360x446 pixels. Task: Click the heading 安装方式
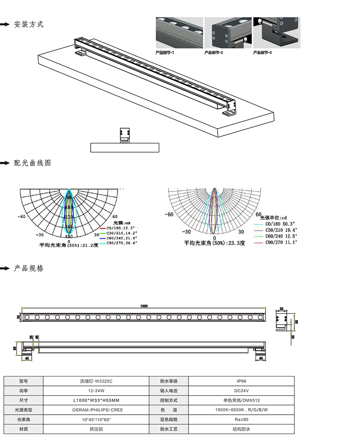pyautogui.click(x=29, y=24)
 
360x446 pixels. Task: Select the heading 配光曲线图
pyautogui.click(x=32, y=163)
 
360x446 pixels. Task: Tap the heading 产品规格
pyautogui.click(x=29, y=268)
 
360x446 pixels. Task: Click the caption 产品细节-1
pyautogui.click(x=165, y=53)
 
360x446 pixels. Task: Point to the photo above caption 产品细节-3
pyautogui.click(x=277, y=33)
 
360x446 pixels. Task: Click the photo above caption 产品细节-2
pyautogui.click(x=228, y=33)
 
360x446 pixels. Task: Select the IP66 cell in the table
pyautogui.click(x=241, y=381)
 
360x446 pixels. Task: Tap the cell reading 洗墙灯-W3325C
pyautogui.click(x=96, y=381)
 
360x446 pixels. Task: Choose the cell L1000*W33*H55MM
pyautogui.click(x=96, y=400)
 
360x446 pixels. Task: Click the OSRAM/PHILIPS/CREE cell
pyautogui.click(x=96, y=410)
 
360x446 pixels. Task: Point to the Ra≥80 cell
pyautogui.click(x=241, y=420)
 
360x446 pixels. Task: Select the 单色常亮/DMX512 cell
pyautogui.click(x=241, y=400)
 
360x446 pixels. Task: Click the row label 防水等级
pyautogui.click(x=169, y=381)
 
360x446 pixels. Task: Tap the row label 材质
pyautogui.click(x=23, y=429)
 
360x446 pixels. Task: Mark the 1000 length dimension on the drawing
pyautogui.click(x=144, y=306)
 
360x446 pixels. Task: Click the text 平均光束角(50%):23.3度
pyautogui.click(x=215, y=243)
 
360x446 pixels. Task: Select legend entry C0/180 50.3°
pyautogui.click(x=280, y=223)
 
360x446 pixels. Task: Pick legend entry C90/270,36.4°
pyautogui.click(x=122, y=243)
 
